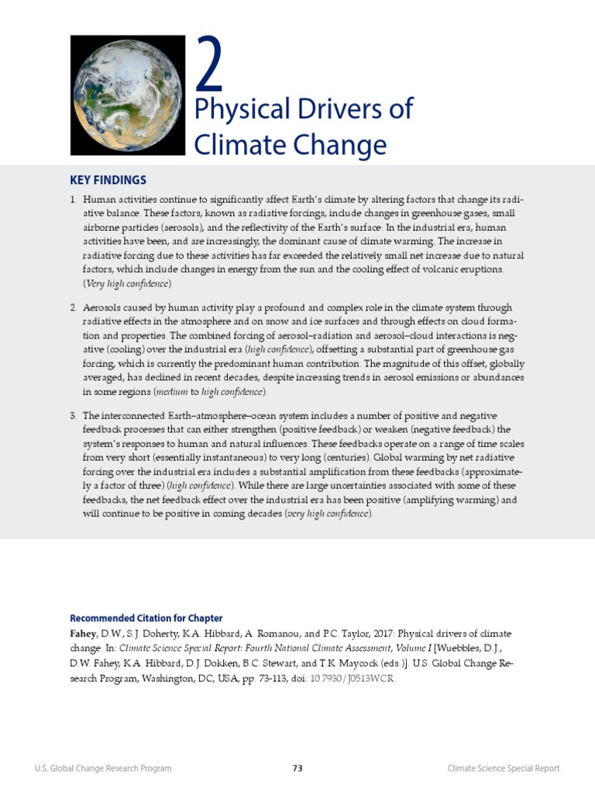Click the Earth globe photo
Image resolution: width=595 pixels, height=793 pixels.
(x=127, y=94)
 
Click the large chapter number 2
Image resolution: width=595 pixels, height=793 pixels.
(x=209, y=65)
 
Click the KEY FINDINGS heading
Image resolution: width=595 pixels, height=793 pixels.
(x=108, y=180)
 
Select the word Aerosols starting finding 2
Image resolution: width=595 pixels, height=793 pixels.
(x=104, y=307)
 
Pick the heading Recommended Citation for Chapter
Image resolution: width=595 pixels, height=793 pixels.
(x=146, y=618)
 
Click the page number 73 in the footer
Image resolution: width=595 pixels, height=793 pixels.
(x=297, y=768)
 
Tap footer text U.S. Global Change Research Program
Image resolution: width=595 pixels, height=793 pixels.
(x=103, y=768)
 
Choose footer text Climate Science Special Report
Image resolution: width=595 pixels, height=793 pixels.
(x=504, y=768)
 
